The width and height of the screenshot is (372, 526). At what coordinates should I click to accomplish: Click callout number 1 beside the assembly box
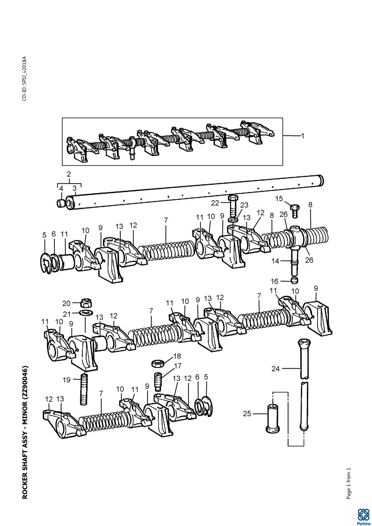(x=303, y=136)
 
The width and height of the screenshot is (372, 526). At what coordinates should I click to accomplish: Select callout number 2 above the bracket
(x=69, y=174)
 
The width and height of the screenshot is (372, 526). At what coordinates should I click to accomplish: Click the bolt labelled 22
(x=233, y=205)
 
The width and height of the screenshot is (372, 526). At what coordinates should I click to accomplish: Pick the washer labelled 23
(x=233, y=220)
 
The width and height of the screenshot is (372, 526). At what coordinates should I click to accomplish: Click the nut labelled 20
(x=86, y=303)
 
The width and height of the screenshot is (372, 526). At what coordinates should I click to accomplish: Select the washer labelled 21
(x=86, y=313)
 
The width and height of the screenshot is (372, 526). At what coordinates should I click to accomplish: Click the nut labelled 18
(x=158, y=364)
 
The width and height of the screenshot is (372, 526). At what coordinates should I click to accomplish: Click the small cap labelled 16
(x=295, y=281)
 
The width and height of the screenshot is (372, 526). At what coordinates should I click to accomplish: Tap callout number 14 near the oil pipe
(x=275, y=261)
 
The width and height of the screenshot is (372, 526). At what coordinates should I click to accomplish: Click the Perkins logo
(x=363, y=516)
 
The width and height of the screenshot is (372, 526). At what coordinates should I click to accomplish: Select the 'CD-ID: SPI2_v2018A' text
(x=24, y=78)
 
